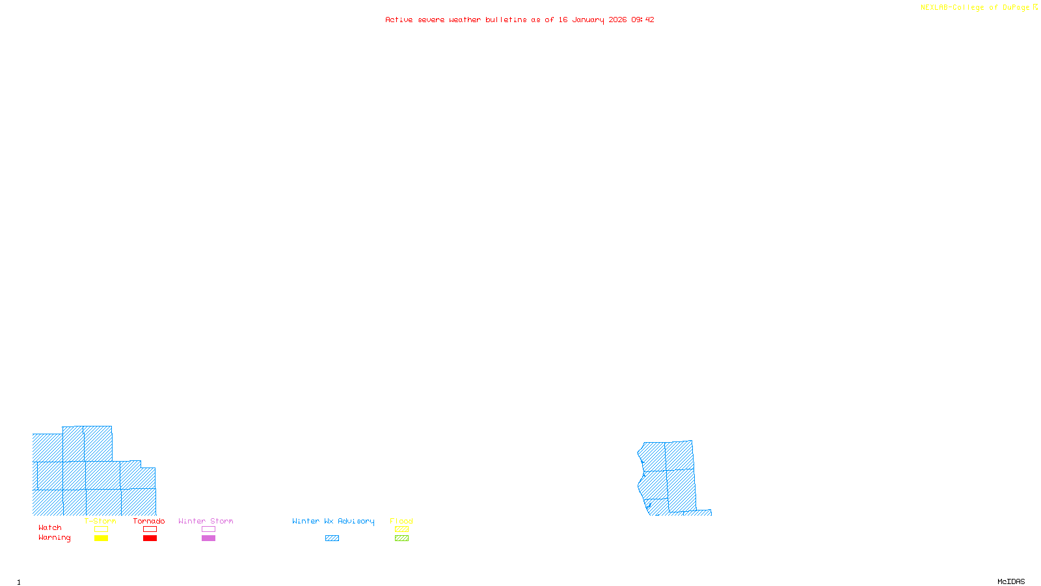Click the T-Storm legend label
[100, 521]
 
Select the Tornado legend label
[149, 521]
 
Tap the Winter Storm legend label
[206, 521]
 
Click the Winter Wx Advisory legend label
[333, 521]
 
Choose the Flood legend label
[401, 521]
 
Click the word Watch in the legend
[50, 527]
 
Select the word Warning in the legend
[54, 538]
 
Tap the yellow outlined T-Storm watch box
[101, 529]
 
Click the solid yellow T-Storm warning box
[101, 538]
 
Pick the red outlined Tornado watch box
[150, 529]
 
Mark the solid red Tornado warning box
[150, 538]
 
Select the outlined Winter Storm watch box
[208, 529]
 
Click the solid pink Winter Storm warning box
[208, 538]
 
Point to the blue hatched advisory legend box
[332, 538]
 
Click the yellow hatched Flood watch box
[401, 529]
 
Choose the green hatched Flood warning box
[401, 538]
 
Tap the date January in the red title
[588, 20]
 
